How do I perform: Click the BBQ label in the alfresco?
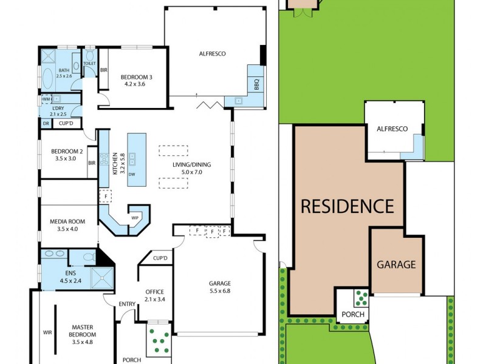coord(256,84)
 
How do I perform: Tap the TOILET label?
coord(89,62)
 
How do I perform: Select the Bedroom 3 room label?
coord(136,76)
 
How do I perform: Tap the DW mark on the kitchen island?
coord(132,174)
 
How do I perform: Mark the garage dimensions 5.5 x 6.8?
coord(221,291)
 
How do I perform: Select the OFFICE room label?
coord(155,292)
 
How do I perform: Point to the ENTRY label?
coord(127,305)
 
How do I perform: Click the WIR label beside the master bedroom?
coord(47,332)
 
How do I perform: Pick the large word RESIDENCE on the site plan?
coord(347,206)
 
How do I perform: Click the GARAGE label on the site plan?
coord(396,265)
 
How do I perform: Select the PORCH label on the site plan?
coord(353,314)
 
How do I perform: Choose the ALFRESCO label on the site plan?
coord(392,129)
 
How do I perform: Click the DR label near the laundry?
coord(46,123)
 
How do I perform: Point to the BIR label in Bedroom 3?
coord(104,70)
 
